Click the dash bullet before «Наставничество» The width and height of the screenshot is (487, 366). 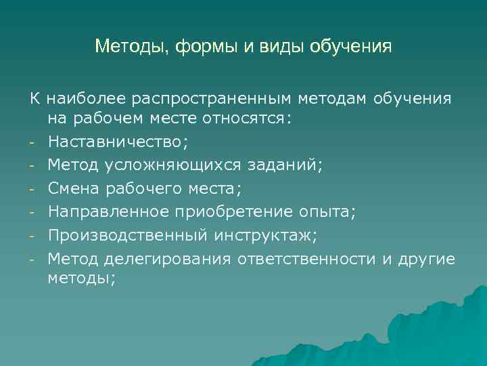tap(32, 143)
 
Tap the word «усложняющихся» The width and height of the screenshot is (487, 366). tap(152, 165)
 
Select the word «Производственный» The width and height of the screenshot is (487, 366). tap(126, 235)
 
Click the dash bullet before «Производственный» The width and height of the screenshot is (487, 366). tap(32, 236)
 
